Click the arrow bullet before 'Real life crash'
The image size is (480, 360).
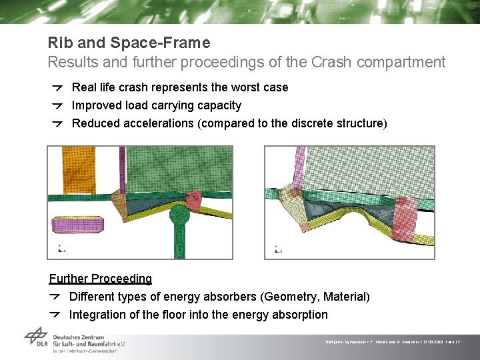(58, 87)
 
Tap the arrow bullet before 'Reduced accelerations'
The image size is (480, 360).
(58, 123)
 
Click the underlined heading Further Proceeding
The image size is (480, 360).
(101, 279)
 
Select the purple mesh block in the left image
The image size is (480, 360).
(79, 224)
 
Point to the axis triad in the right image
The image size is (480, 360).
(278, 250)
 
